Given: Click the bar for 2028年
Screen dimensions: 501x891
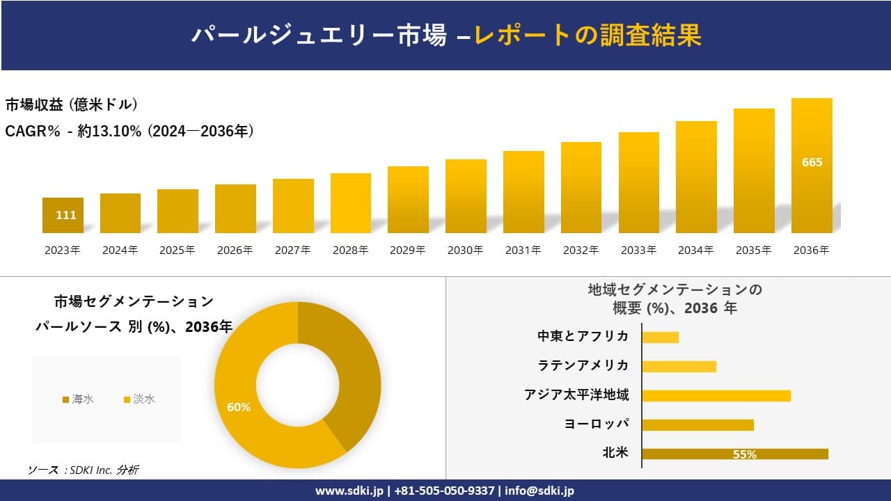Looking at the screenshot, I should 350,203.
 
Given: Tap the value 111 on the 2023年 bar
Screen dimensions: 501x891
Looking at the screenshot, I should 66,215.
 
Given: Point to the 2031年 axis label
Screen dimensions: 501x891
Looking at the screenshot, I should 523,250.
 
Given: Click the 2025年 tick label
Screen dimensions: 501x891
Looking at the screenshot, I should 178,250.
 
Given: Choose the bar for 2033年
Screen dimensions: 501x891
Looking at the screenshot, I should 638,182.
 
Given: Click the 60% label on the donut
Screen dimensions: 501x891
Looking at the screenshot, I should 239,407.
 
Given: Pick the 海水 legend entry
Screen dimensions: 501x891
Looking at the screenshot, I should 78,399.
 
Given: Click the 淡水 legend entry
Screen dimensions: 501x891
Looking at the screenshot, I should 139,399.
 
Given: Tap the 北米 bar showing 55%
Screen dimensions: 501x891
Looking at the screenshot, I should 735,454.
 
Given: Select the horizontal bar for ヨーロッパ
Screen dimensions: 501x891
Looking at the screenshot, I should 697,424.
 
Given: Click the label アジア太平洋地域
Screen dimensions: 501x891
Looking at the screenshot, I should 576,395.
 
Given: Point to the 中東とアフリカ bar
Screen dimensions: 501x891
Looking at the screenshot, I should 660,337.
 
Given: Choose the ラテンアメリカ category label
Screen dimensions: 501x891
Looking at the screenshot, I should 583,366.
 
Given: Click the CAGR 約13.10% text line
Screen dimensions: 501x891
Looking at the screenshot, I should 129,131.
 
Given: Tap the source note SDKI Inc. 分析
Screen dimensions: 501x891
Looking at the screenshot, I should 84,470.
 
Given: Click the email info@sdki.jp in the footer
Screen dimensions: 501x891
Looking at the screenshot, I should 539,491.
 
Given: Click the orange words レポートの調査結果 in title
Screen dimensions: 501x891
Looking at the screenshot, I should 588,35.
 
